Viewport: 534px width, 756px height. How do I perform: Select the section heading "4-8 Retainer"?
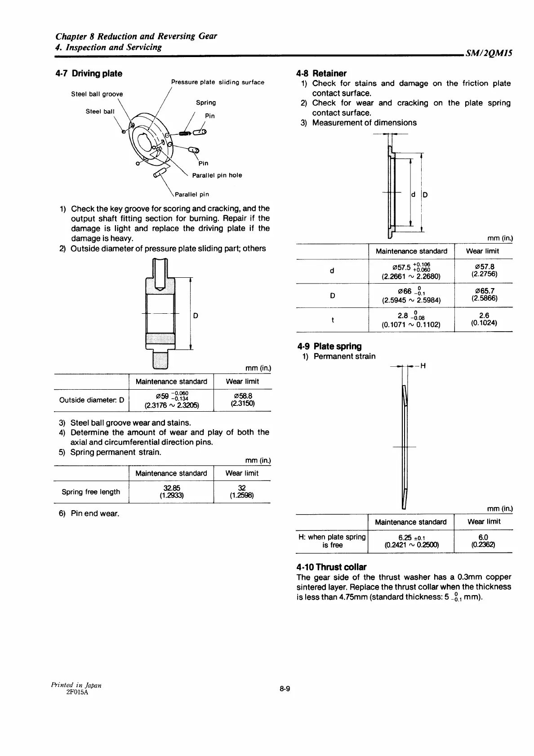pos(321,73)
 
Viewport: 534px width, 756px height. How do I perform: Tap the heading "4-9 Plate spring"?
pos(329,346)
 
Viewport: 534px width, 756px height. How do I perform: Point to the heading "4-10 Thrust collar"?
pos(331,567)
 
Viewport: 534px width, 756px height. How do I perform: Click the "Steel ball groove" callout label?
pos(97,94)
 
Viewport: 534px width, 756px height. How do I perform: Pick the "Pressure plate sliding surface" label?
pos(218,82)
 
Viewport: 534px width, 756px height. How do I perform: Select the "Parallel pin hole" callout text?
pos(217,175)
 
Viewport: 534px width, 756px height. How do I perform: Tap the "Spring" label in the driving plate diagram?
pos(206,102)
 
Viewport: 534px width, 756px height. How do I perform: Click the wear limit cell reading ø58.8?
pos(243,400)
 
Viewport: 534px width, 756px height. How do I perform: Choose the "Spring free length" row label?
pos(91,492)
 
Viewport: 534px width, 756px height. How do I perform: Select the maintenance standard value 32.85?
pos(171,492)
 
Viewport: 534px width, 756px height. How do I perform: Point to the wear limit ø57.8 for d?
pos(483,270)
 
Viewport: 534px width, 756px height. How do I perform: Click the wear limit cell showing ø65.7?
pos(483,295)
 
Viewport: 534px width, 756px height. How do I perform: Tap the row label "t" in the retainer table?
pos(332,320)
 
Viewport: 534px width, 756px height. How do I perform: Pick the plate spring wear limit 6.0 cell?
pos(483,541)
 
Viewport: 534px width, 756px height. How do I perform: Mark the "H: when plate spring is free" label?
pos(332,541)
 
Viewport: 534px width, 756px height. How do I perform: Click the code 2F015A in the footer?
pos(77,693)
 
